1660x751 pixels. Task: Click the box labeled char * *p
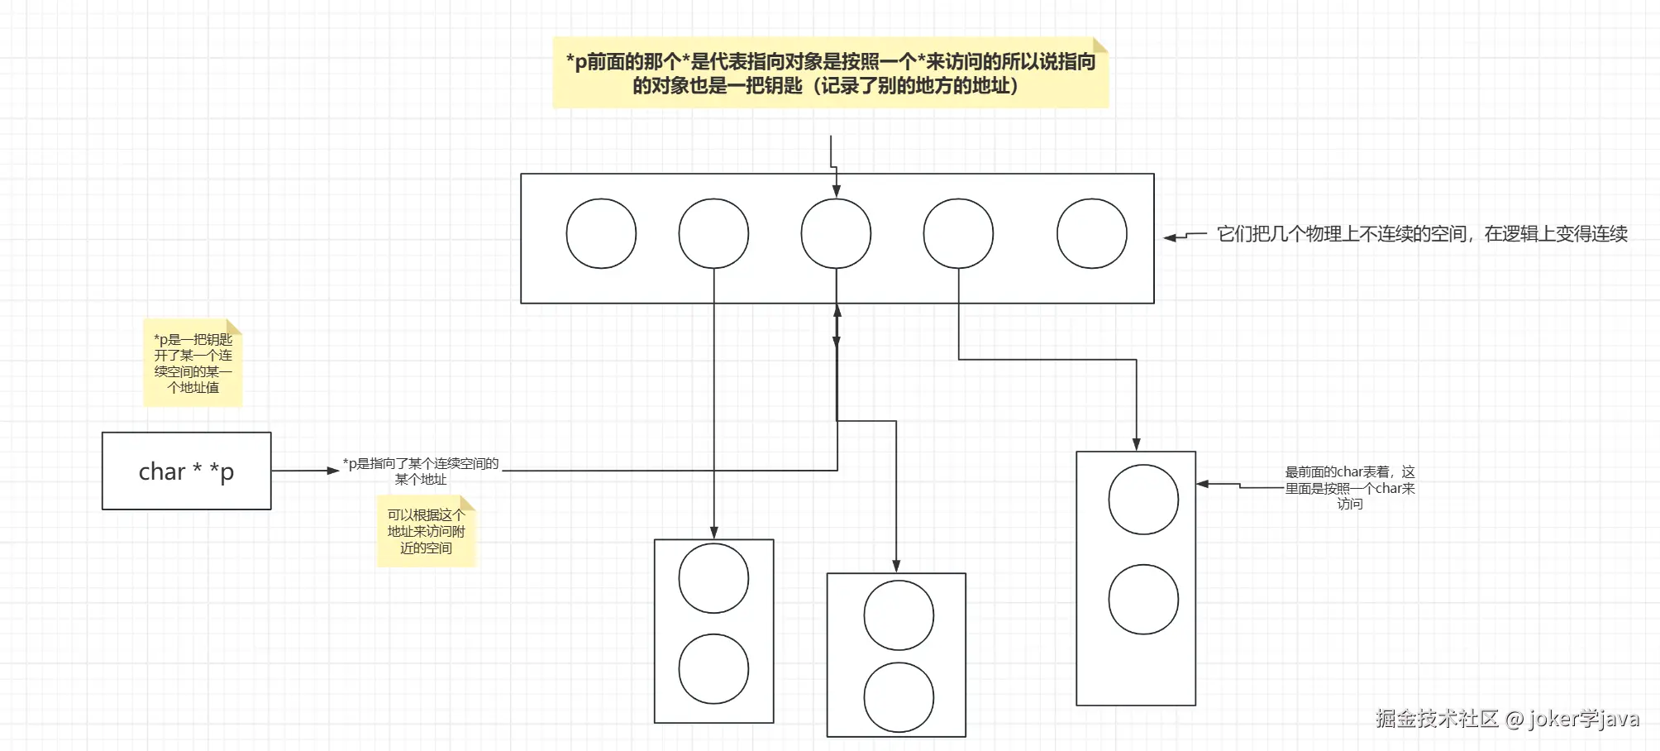click(x=186, y=471)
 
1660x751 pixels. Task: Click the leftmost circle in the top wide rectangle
click(x=601, y=233)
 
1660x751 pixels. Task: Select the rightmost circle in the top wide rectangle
click(x=1091, y=233)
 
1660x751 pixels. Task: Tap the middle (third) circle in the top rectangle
click(x=836, y=233)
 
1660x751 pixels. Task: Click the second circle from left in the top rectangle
click(x=713, y=233)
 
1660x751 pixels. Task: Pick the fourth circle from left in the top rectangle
click(x=958, y=233)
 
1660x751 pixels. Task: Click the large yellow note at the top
click(x=830, y=74)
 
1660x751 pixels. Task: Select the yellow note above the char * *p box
click(x=193, y=363)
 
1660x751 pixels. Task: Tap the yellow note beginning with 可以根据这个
click(x=426, y=531)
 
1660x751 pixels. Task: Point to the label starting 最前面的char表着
click(x=1349, y=487)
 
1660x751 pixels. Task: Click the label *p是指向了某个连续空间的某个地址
click(x=421, y=471)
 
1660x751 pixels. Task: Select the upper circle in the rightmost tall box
click(x=1142, y=500)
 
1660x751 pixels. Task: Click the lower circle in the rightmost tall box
click(x=1142, y=600)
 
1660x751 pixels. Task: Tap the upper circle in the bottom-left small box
click(x=713, y=578)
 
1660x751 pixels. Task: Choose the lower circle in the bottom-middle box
click(x=899, y=697)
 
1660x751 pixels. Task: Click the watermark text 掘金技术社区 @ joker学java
click(x=1506, y=718)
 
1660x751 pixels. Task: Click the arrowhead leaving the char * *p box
click(x=333, y=471)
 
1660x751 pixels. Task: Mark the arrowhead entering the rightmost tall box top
click(x=1136, y=444)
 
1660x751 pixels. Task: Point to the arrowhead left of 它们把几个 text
click(x=1170, y=237)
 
